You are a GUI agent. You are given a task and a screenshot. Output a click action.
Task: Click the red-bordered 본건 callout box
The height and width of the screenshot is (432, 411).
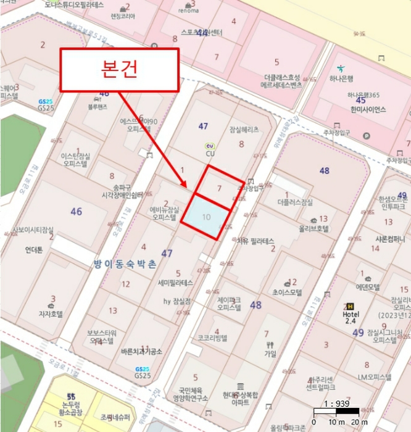pyautogui.click(x=119, y=69)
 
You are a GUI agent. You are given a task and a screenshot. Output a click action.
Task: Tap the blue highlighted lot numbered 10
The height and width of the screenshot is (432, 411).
pyautogui.click(x=206, y=217)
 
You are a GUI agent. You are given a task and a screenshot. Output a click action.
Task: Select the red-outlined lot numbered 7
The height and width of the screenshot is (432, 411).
pyautogui.click(x=219, y=188)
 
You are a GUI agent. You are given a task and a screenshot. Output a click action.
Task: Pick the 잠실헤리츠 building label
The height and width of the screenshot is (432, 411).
pyautogui.click(x=244, y=130)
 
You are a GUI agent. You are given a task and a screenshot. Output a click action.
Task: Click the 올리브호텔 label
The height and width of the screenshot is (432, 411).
pyautogui.click(x=314, y=228)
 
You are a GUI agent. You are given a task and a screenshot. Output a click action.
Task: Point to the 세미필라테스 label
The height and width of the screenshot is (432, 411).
pyautogui.click(x=175, y=283)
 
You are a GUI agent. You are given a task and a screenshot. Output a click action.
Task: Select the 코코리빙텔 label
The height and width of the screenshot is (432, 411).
pyautogui.click(x=212, y=338)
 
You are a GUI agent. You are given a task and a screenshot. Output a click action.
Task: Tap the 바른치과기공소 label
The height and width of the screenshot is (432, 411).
pyautogui.click(x=142, y=351)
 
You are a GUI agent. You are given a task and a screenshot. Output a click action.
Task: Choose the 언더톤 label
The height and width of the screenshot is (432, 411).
pyautogui.click(x=34, y=251)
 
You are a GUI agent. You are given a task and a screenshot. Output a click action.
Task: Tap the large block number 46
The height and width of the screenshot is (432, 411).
pyautogui.click(x=76, y=212)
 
